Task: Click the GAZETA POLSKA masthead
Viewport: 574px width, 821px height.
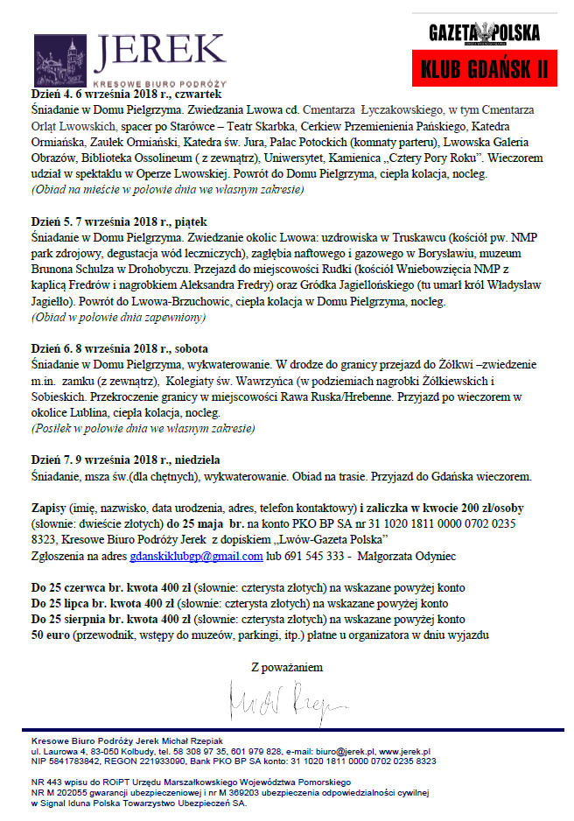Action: coord(485,33)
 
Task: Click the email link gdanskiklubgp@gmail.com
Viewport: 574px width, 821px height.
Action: coord(196,556)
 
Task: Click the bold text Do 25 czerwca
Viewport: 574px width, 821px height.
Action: coord(69,586)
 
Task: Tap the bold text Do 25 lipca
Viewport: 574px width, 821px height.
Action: coord(64,602)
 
